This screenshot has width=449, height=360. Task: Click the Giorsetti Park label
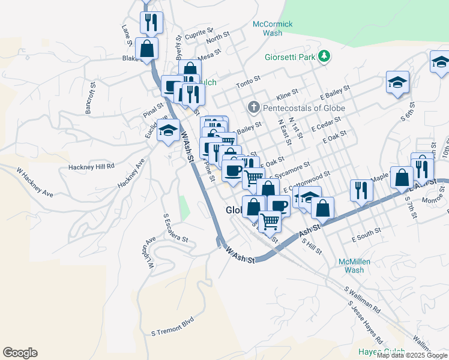click(x=290, y=58)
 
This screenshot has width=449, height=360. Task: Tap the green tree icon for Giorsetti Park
click(x=325, y=56)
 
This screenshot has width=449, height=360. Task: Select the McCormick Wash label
click(x=272, y=28)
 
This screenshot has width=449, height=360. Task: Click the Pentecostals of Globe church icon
click(x=254, y=107)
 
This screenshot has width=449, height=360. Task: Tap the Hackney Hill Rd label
click(x=91, y=167)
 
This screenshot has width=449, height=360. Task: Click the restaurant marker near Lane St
click(x=151, y=23)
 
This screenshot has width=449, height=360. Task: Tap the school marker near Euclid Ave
click(x=169, y=130)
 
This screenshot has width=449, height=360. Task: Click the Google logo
click(x=20, y=353)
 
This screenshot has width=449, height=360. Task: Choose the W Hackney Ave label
click(x=35, y=183)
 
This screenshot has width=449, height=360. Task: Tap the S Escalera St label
click(x=176, y=227)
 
